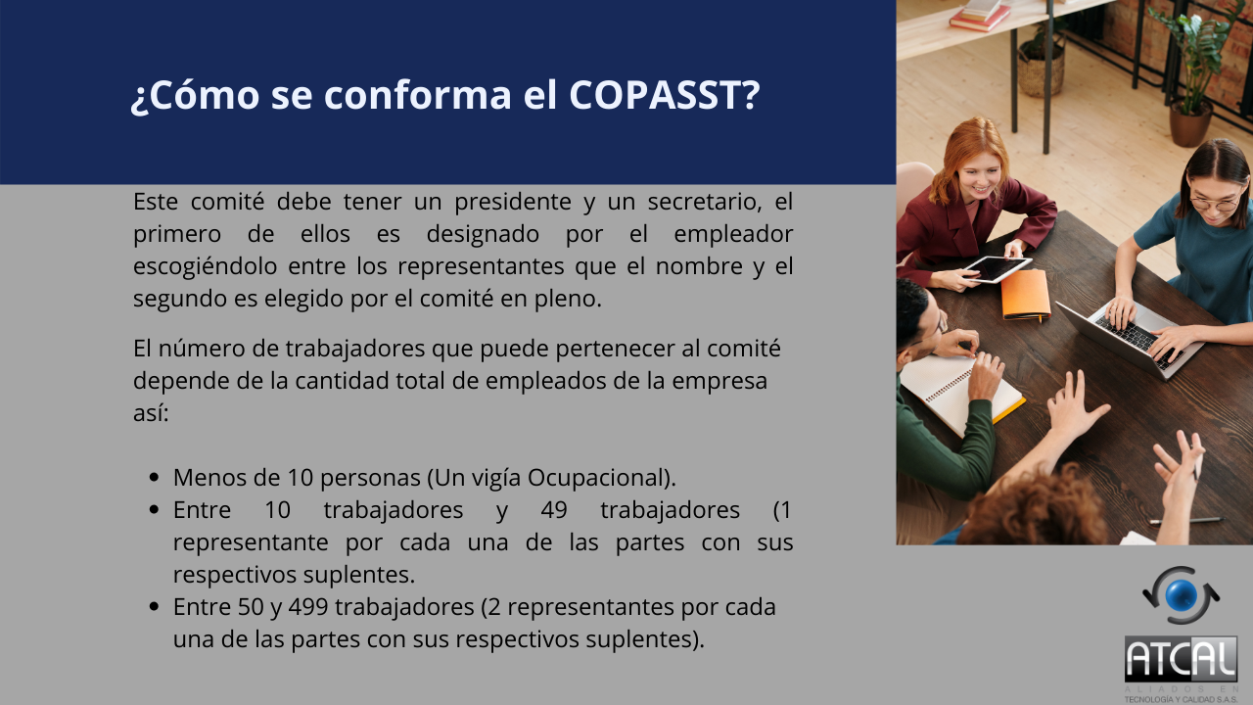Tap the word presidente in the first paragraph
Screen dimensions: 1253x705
(x=512, y=203)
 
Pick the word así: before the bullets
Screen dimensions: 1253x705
(x=151, y=413)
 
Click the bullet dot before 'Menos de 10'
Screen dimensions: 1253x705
(x=155, y=478)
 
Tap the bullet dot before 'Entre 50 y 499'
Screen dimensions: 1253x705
(x=155, y=607)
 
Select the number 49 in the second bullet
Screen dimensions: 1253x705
(x=554, y=510)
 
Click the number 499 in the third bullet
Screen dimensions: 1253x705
(x=308, y=607)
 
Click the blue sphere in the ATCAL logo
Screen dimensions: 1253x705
(x=1181, y=595)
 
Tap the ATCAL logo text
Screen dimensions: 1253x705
(x=1181, y=661)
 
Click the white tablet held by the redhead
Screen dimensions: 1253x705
(x=998, y=268)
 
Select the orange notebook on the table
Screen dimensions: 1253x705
(x=1025, y=295)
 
